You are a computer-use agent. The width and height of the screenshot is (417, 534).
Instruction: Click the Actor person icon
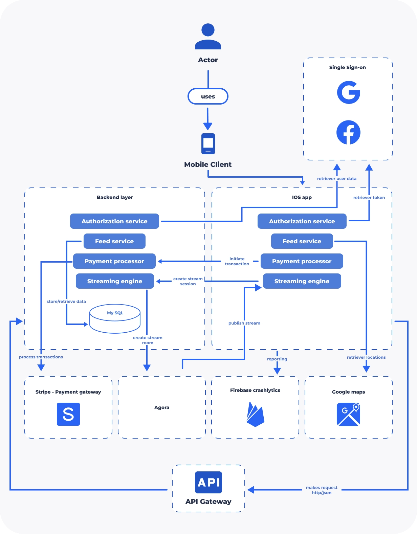208,36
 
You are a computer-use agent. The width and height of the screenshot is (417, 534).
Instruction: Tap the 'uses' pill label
208,96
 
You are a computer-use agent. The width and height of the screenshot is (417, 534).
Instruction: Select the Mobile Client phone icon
208,144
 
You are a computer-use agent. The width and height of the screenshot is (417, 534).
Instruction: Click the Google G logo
348,92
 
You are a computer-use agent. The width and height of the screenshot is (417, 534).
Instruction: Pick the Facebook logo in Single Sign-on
348,132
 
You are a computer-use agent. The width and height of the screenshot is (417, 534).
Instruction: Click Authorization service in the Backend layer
114,221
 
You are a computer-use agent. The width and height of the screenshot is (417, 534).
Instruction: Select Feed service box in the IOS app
302,241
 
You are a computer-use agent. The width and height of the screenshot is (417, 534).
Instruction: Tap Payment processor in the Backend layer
114,261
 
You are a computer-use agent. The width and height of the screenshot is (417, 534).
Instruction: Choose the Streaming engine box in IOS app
302,281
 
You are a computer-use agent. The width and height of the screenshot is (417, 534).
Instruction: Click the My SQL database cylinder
115,319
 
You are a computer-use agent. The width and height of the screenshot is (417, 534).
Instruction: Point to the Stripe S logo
68,414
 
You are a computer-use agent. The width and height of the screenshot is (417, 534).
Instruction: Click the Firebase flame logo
255,414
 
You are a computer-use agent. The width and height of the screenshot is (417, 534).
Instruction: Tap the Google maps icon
348,414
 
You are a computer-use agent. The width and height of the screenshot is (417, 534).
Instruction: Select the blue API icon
208,483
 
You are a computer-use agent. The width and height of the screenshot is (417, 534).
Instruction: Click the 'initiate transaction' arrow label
237,261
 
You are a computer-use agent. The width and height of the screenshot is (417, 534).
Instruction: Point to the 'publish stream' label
244,323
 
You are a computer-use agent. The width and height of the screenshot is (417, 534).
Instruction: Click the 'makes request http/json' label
322,490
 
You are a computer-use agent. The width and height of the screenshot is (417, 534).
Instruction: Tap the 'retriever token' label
369,197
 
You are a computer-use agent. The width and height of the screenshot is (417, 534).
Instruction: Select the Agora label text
162,407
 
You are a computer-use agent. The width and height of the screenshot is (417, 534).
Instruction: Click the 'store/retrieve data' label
66,301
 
